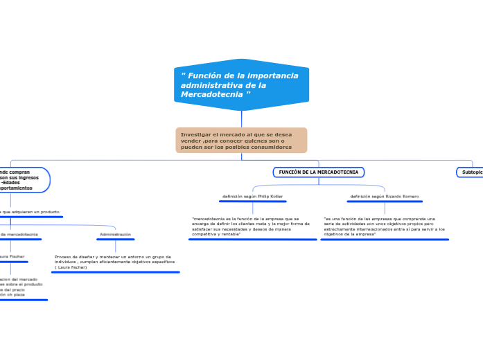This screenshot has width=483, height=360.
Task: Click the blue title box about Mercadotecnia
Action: [241, 84]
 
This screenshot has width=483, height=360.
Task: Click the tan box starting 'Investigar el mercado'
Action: [241, 140]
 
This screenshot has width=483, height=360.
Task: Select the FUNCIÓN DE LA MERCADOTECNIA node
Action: [319, 172]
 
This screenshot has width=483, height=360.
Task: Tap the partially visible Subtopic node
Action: [471, 172]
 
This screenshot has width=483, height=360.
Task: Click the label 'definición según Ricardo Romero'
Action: [385, 197]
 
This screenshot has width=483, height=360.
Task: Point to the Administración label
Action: [115, 235]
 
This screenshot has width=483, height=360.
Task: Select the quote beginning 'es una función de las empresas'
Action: [384, 226]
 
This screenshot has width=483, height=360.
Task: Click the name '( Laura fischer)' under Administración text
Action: [71, 267]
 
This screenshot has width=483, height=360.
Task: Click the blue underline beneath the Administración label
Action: [115, 240]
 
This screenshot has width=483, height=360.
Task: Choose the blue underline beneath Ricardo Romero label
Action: [385, 201]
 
